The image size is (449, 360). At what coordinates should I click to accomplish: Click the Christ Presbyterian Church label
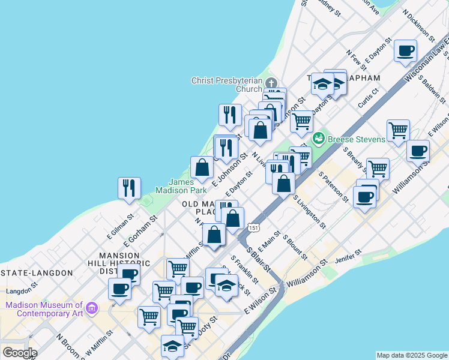(x=227, y=85)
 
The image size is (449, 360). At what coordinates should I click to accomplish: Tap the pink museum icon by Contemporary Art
(x=92, y=308)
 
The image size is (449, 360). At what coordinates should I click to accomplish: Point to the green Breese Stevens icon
(x=318, y=139)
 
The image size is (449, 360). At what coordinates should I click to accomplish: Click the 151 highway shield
(x=253, y=225)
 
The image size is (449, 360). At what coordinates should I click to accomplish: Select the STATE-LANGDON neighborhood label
(x=37, y=272)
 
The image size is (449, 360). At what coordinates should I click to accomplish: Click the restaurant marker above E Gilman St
(x=129, y=188)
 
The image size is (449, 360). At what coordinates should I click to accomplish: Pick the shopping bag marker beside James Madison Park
(x=202, y=167)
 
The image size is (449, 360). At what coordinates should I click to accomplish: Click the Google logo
(x=19, y=352)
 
